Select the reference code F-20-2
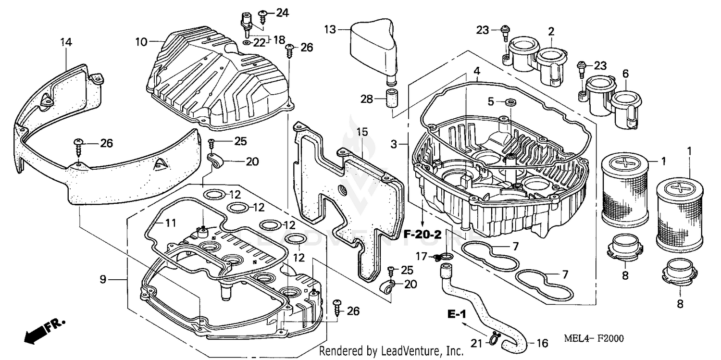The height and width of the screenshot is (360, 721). tap(422, 236)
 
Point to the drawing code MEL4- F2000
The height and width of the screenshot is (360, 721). tap(594, 339)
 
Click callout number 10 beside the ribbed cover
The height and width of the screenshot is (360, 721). tap(140, 42)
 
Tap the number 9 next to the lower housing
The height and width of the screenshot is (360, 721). tap(103, 278)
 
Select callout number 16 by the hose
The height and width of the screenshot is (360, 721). tap(542, 343)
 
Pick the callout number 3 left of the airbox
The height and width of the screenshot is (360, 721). tap(394, 144)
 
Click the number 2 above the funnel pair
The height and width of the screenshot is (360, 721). tap(551, 32)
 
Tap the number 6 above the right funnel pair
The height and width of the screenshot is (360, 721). tap(625, 74)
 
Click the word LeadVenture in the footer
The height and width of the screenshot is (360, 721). tap(416, 352)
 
